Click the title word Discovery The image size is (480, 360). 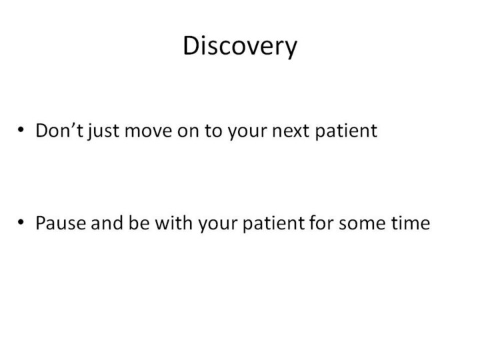pos(240,46)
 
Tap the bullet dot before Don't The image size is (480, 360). pos(21,129)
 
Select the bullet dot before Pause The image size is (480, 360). pos(21,221)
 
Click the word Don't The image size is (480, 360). pos(59,131)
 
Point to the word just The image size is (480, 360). pos(103,132)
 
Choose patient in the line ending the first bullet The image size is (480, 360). pos(346,132)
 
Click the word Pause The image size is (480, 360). pos(61,223)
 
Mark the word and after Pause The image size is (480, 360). pos(107,223)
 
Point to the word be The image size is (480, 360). pos(139,223)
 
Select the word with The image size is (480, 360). pos(174,223)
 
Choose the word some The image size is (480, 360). pos(363,225)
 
